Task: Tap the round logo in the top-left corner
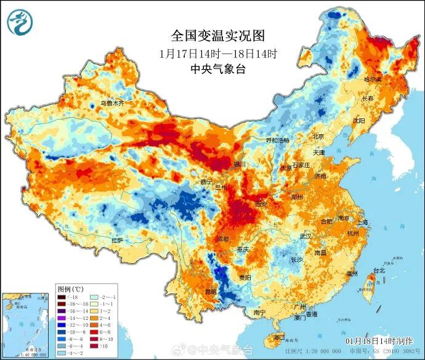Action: [x=20, y=22]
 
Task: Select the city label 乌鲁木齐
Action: [x=111, y=104]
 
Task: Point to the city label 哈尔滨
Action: [x=373, y=80]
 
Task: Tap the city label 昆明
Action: [x=211, y=290]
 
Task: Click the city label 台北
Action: [x=378, y=270]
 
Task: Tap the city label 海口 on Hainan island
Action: [x=279, y=337]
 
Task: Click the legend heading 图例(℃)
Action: [x=70, y=288]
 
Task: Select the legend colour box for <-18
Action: [x=63, y=298]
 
